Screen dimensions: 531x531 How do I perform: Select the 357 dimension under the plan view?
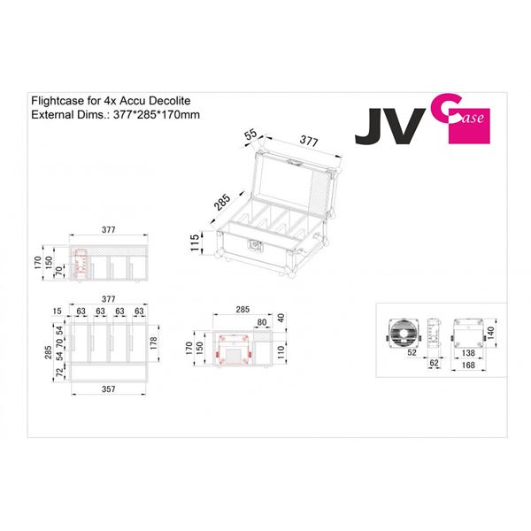(x=108, y=389)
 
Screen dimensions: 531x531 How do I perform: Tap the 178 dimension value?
(x=156, y=341)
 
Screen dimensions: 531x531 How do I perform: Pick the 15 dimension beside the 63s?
(x=58, y=312)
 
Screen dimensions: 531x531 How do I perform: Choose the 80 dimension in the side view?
(x=261, y=322)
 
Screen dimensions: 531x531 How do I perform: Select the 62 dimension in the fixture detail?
(x=434, y=363)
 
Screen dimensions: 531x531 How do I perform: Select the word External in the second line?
(x=52, y=115)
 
